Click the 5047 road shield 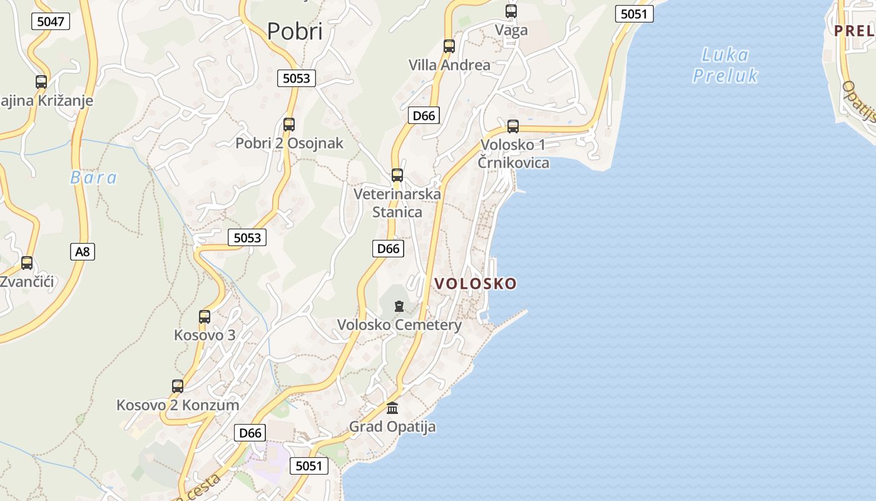pyautogui.click(x=51, y=21)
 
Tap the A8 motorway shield pyautogui.click(x=83, y=252)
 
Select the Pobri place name pyautogui.click(x=295, y=31)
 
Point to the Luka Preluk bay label pyautogui.click(x=725, y=65)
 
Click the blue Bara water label pyautogui.click(x=94, y=178)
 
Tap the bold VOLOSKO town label pyautogui.click(x=476, y=284)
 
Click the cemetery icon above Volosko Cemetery pyautogui.click(x=399, y=306)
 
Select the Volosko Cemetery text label pyautogui.click(x=399, y=325)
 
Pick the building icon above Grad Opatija pyautogui.click(x=392, y=408)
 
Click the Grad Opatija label pyautogui.click(x=392, y=427)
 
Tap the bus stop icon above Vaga pyautogui.click(x=511, y=11)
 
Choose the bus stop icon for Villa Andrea pyautogui.click(x=449, y=46)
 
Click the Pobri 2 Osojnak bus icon pyautogui.click(x=289, y=124)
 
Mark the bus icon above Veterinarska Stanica pyautogui.click(x=397, y=175)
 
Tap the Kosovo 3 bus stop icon pyautogui.click(x=205, y=316)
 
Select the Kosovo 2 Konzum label pyautogui.click(x=178, y=405)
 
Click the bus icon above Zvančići pyautogui.click(x=27, y=262)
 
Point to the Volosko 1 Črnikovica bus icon pyautogui.click(x=513, y=126)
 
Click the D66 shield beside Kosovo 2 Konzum pyautogui.click(x=250, y=433)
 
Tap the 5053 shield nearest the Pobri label pyautogui.click(x=296, y=78)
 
